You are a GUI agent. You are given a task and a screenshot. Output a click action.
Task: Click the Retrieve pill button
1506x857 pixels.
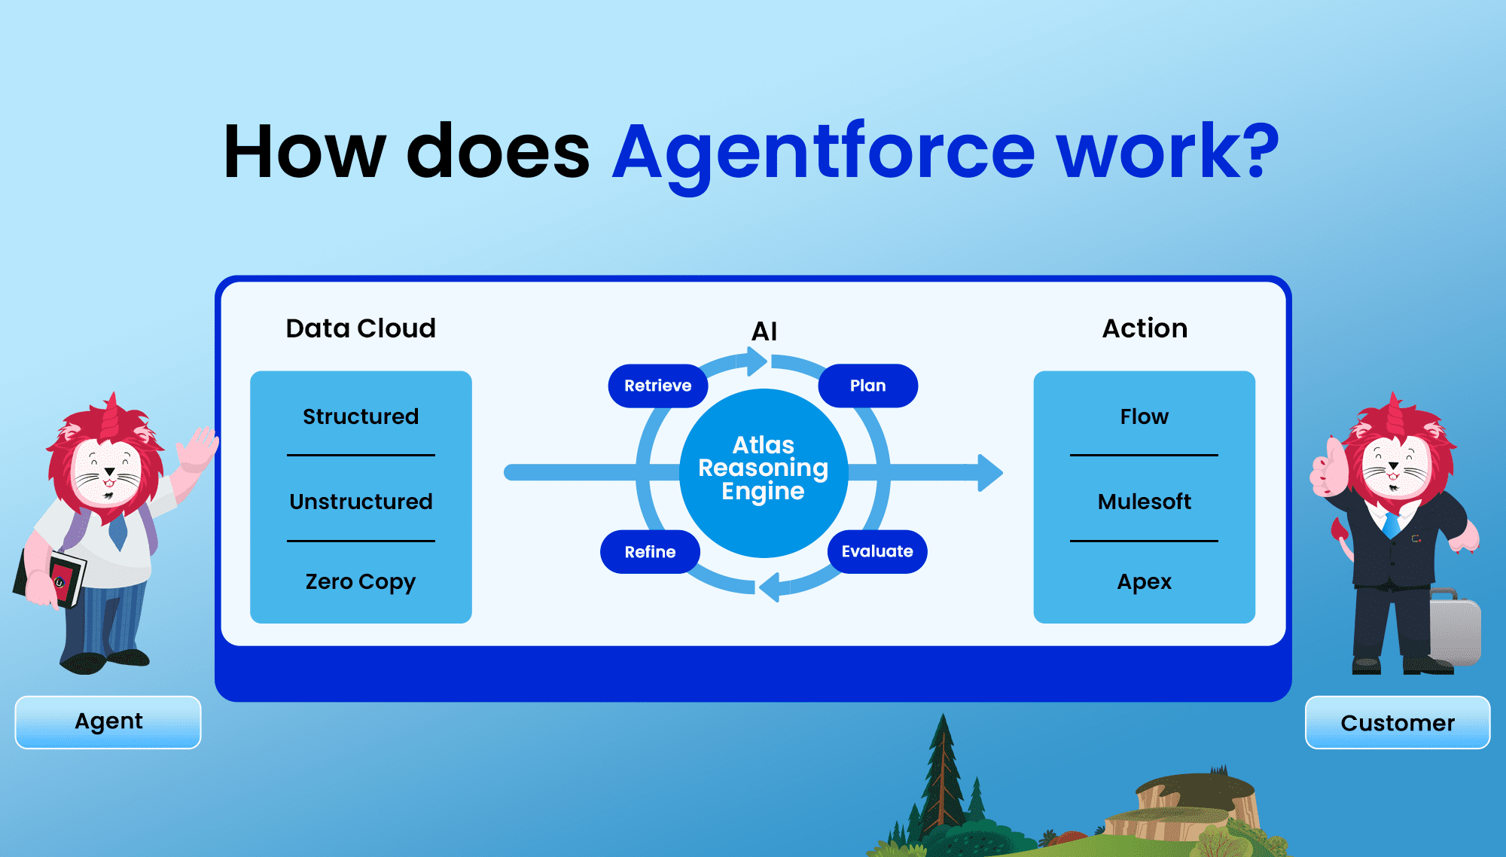coord(658,386)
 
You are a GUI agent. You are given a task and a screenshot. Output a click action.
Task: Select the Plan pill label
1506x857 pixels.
coord(867,386)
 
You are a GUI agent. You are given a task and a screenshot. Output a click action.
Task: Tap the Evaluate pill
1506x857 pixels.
coord(877,551)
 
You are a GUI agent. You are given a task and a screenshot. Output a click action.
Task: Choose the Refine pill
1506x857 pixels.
coord(650,552)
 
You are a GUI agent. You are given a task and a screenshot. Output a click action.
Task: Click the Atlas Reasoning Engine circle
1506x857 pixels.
coord(764,473)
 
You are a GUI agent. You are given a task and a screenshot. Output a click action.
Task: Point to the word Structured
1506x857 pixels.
coord(361,416)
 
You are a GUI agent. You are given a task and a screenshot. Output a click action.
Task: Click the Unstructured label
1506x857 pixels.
coord(361,502)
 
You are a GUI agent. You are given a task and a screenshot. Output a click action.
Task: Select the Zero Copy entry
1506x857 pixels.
coord(361,582)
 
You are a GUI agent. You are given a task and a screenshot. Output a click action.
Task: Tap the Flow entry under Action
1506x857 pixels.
coord(1144,416)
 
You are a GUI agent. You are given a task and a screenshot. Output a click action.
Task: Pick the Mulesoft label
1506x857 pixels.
coord(1144,502)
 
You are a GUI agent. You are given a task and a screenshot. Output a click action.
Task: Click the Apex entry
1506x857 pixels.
coord(1144,582)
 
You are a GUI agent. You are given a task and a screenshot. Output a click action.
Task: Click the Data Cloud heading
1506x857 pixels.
coord(361,328)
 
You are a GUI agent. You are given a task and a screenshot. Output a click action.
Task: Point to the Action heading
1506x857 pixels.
coord(1145,328)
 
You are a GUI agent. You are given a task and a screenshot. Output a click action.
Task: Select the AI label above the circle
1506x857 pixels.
coord(764,331)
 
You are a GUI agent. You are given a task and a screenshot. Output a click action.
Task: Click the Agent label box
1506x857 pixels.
coord(108,722)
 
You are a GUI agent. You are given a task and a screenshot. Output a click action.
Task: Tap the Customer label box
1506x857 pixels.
coord(1398,722)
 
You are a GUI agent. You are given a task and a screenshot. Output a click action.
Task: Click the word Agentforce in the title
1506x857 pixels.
coord(825,154)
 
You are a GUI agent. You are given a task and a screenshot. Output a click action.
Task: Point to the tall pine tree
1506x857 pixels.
coord(942,783)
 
